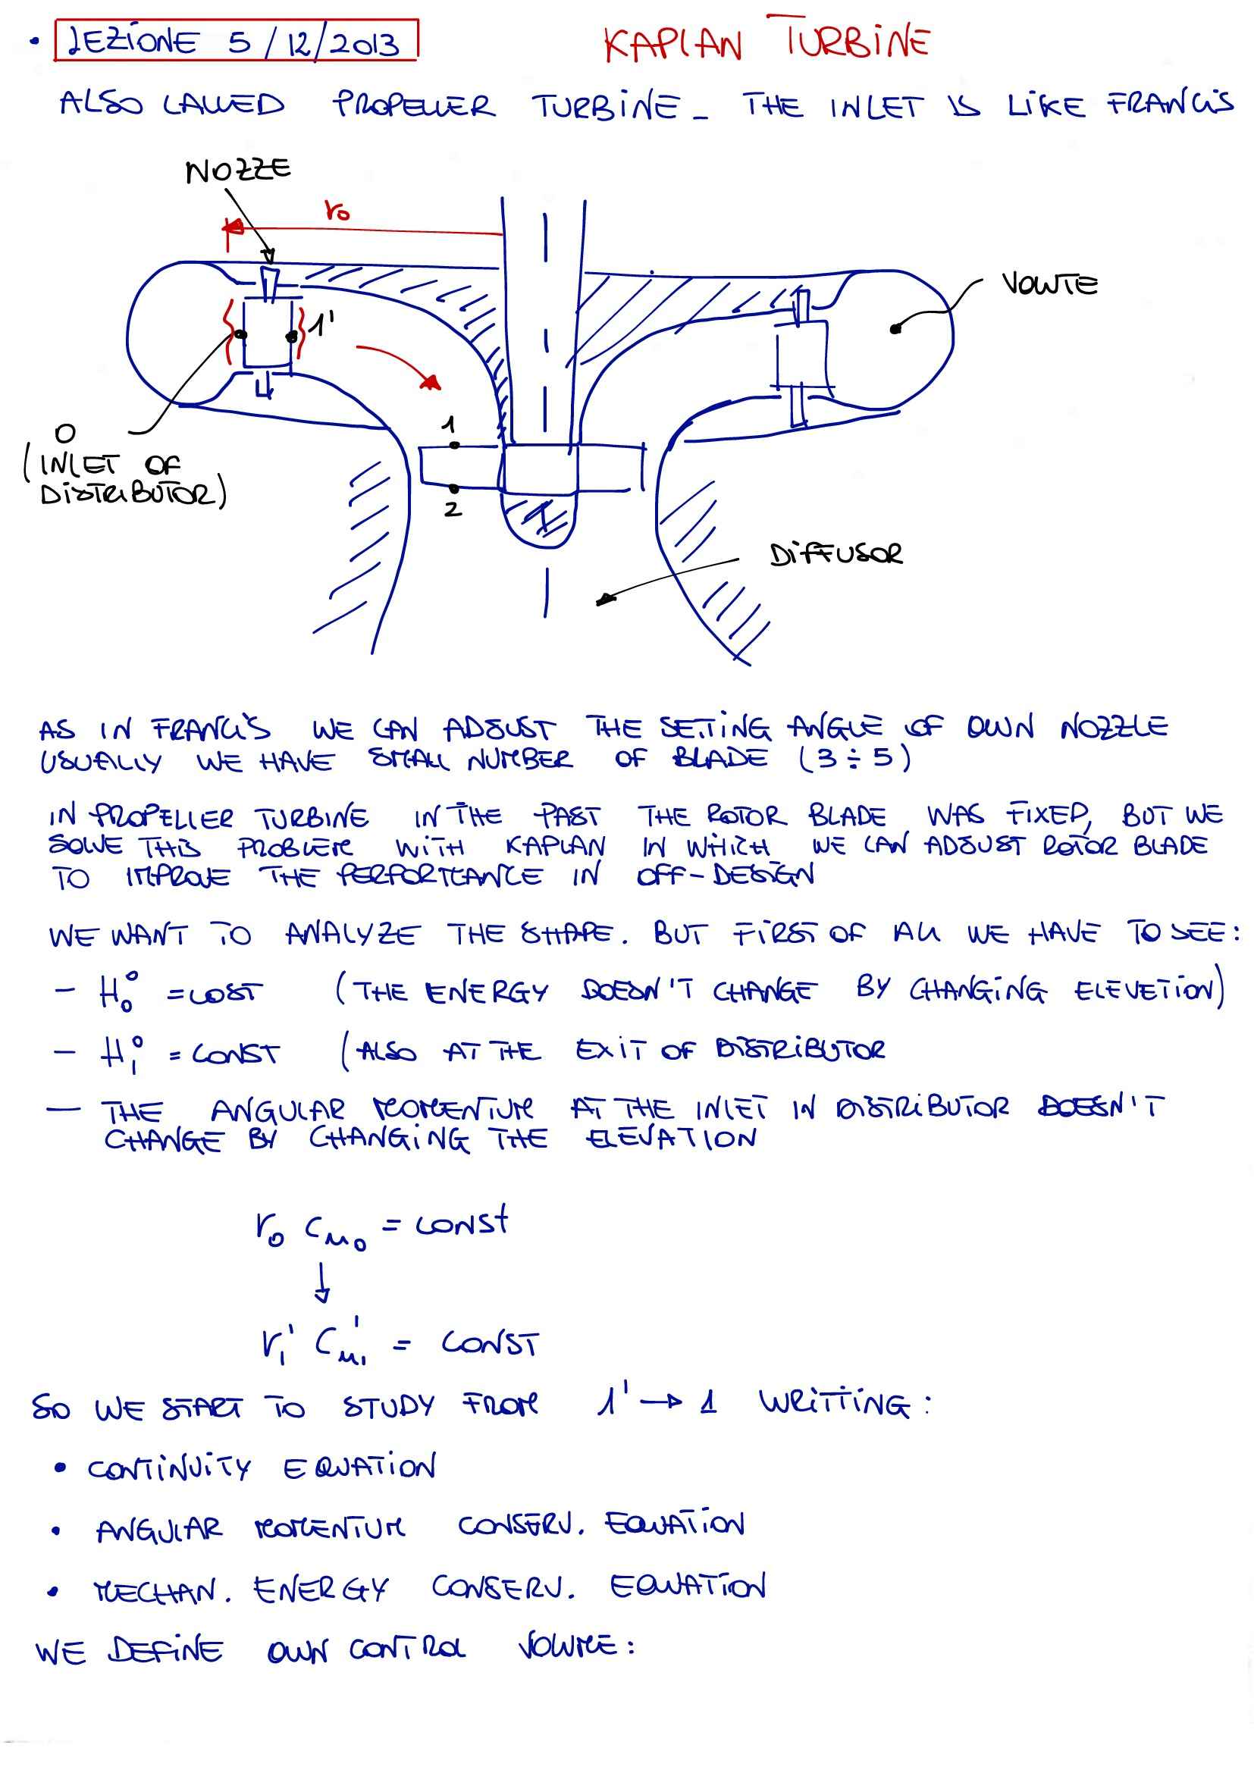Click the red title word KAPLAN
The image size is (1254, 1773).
[672, 45]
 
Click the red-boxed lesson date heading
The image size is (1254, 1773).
[236, 41]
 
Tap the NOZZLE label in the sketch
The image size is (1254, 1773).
[238, 169]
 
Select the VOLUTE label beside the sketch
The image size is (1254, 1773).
[1049, 284]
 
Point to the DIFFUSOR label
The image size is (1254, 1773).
[835, 553]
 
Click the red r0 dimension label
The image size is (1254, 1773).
[337, 210]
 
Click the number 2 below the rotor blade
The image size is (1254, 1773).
[453, 509]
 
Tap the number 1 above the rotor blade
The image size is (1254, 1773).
[449, 424]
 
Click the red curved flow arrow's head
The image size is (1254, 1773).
[431, 381]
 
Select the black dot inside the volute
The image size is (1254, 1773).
[895, 329]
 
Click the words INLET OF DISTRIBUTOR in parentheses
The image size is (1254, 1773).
[124, 479]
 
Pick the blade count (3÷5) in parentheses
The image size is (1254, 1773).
[854, 758]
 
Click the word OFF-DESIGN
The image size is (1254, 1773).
[725, 876]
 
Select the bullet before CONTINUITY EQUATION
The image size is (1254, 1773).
[60, 1468]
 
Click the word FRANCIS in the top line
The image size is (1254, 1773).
[1169, 105]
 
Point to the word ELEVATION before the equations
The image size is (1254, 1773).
[671, 1139]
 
